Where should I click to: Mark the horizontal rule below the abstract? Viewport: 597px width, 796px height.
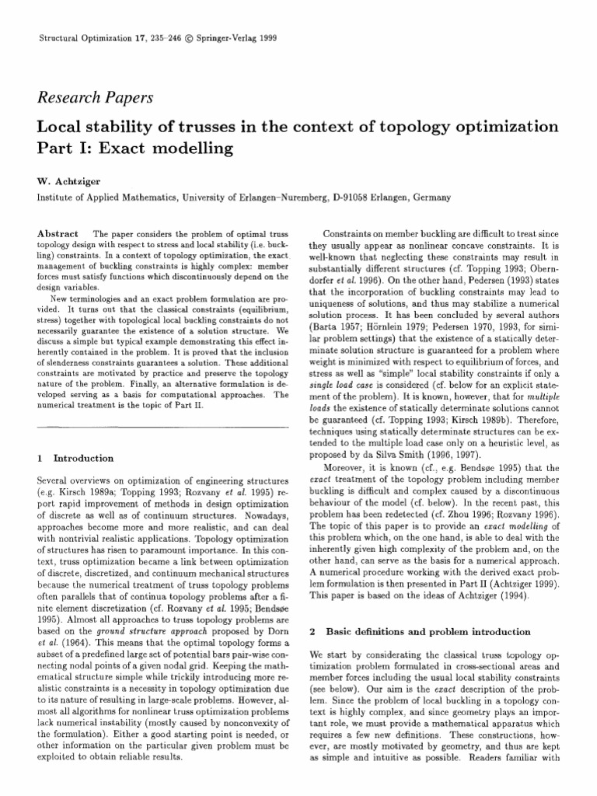pyautogui.click(x=159, y=426)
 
